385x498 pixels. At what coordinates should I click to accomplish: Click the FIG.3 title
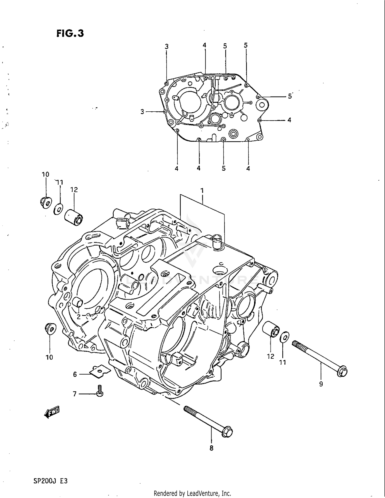pyautogui.click(x=70, y=34)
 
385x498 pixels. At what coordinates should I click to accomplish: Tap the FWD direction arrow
pyautogui.click(x=52, y=412)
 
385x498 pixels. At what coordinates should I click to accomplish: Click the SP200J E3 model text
pyautogui.click(x=50, y=481)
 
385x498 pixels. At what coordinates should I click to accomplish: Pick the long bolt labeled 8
pyautogui.click(x=208, y=421)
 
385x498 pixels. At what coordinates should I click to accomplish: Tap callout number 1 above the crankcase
pyautogui.click(x=202, y=191)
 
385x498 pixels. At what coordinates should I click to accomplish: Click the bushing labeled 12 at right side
pyautogui.click(x=271, y=329)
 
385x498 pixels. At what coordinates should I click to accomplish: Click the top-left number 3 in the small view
pyautogui.click(x=167, y=47)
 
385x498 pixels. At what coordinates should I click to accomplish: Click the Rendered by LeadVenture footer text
pyautogui.click(x=192, y=493)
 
